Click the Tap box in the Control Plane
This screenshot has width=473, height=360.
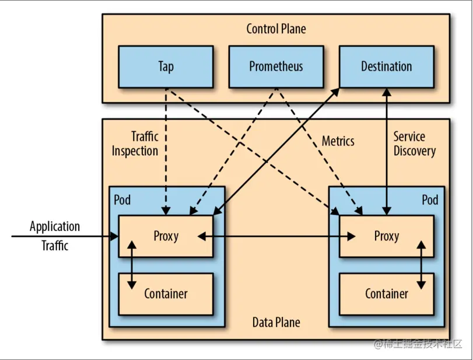[166, 67]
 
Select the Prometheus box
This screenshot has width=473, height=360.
[276, 67]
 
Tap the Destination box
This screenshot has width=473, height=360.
[386, 67]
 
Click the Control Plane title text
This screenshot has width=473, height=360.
[276, 29]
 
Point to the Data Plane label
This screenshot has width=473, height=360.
[276, 322]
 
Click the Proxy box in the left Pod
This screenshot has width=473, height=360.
[166, 236]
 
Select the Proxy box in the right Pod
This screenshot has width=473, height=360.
[386, 236]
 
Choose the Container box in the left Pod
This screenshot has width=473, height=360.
[166, 293]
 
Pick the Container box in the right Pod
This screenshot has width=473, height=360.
[386, 293]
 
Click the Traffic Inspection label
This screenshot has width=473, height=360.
[135, 144]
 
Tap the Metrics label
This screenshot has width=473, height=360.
[338, 141]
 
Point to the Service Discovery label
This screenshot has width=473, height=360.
[415, 144]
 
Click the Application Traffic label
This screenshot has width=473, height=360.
[55, 236]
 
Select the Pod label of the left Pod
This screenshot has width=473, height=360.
[122, 200]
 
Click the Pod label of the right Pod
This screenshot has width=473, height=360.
[430, 200]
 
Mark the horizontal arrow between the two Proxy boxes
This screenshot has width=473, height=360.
[276, 236]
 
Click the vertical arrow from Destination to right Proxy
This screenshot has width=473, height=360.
[386, 152]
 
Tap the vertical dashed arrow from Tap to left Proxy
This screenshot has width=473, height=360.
[166, 152]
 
